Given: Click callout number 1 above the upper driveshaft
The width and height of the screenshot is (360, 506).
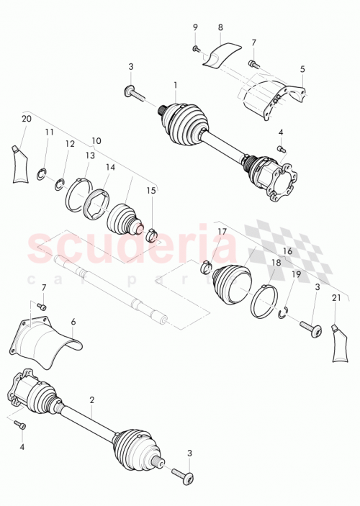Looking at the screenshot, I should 175,85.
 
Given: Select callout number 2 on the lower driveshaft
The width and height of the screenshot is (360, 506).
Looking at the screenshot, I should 92,399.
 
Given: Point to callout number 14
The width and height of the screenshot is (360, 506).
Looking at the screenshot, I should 78,196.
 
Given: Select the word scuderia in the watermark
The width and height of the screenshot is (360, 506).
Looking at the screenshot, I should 284,310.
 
